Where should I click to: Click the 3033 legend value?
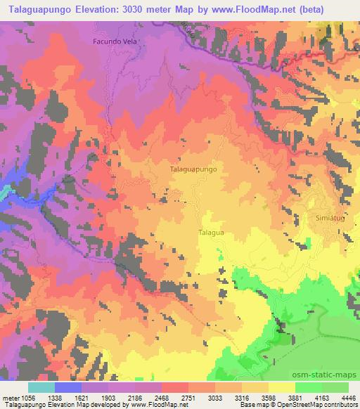pyautogui.click(x=214, y=397)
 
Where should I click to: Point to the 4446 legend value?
pyautogui.click(x=347, y=397)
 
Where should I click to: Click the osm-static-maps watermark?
pyautogui.click(x=326, y=376)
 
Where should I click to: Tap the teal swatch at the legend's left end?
pyautogui.click(x=41, y=387)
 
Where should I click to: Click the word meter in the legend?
pyautogui.click(x=11, y=397)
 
